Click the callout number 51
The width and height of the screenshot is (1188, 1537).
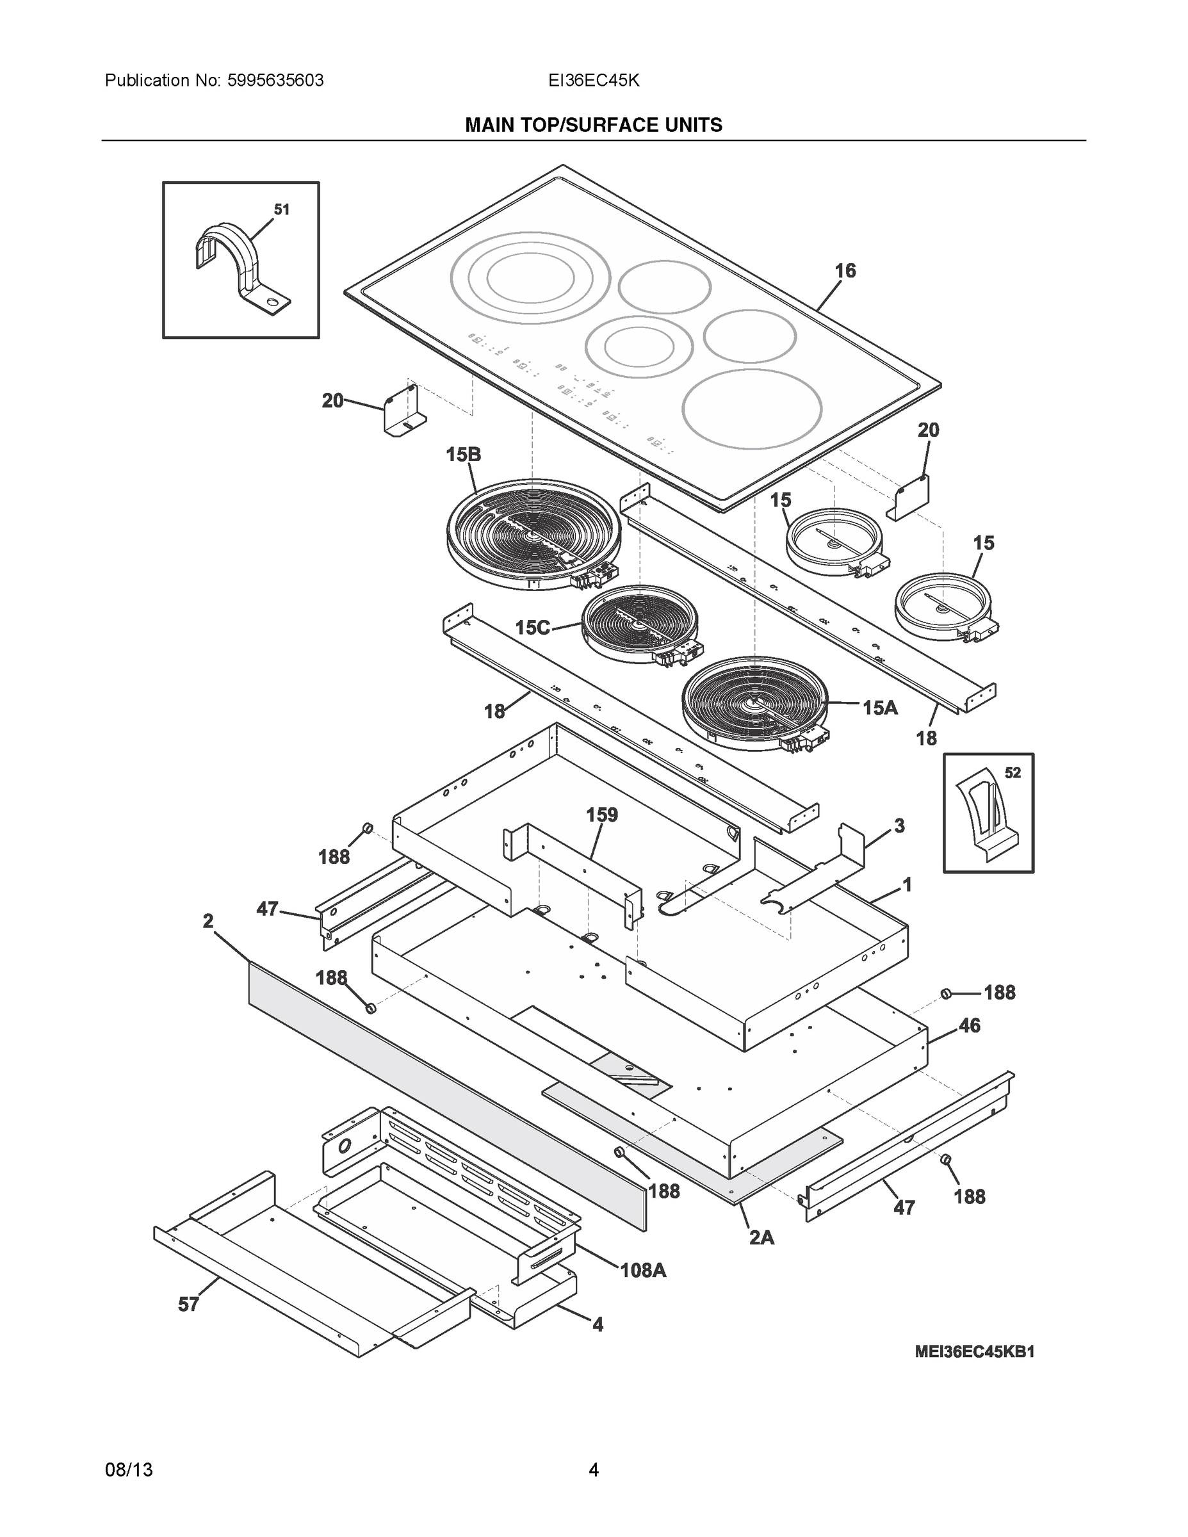point(282,209)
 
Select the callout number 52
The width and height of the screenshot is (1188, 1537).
point(1012,773)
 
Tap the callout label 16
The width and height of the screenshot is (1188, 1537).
point(845,271)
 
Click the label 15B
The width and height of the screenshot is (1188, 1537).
point(463,455)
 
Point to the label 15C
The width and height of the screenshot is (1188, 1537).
point(533,628)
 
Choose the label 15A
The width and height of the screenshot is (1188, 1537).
point(881,708)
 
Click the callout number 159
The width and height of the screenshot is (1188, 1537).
point(602,815)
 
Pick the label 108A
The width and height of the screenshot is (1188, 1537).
point(642,1271)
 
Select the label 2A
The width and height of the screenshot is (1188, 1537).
point(761,1238)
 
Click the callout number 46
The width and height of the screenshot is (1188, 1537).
point(969,1026)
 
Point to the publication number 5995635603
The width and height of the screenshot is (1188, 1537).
point(276,81)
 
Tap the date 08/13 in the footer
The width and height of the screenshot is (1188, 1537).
point(129,1470)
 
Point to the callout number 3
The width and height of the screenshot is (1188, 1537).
point(899,825)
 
